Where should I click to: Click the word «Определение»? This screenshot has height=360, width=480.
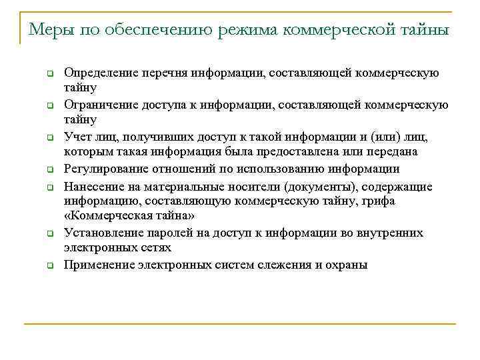click(x=98, y=73)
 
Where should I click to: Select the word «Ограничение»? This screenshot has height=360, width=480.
click(x=97, y=105)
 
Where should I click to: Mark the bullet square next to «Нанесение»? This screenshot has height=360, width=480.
click(x=49, y=187)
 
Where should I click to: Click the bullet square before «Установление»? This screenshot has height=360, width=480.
click(x=49, y=234)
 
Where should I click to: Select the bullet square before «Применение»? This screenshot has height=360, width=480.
click(x=49, y=266)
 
